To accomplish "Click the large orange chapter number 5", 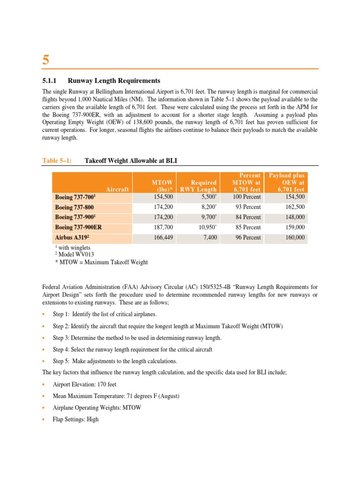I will coord(46,60).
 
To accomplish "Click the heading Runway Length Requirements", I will coord(114,81).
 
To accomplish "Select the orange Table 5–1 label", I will coord(57,161).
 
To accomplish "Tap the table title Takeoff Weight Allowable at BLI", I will coord(131,161).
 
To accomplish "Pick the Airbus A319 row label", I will coord(71,238).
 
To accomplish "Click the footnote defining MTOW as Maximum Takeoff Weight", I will coord(101,262).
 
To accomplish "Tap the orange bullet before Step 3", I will coord(44,338).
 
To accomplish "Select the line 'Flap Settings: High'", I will coord(75,420).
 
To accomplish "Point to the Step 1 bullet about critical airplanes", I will coord(105,315).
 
